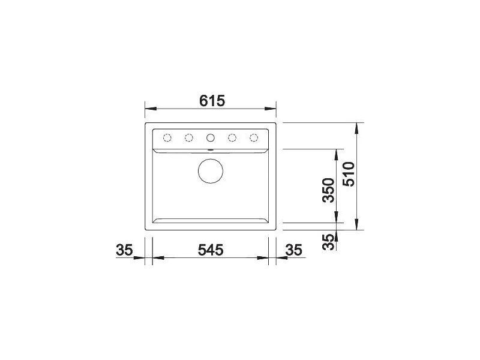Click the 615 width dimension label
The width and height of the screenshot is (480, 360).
pyautogui.click(x=212, y=101)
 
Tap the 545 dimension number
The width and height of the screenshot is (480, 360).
pyautogui.click(x=211, y=250)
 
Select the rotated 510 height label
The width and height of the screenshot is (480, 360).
pyautogui.click(x=349, y=174)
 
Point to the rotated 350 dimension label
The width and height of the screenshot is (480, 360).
pyautogui.click(x=329, y=190)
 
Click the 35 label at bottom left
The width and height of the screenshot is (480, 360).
pyautogui.click(x=124, y=250)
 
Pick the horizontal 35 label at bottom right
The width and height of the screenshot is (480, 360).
pyautogui.click(x=293, y=250)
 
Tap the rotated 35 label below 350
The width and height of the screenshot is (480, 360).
pyautogui.click(x=329, y=242)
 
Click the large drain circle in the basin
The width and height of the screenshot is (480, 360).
pyautogui.click(x=211, y=171)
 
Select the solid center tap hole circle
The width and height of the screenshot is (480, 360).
pyautogui.click(x=211, y=138)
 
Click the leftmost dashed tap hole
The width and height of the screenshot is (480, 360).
pyautogui.click(x=167, y=138)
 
